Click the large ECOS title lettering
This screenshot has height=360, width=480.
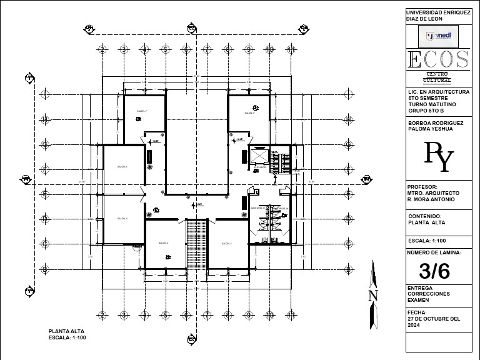coord(438,60)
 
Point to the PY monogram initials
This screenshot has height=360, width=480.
coord(438,157)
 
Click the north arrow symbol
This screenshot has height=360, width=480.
coord(373,294)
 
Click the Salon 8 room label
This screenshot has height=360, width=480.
coord(249,113)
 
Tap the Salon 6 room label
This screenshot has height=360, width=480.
coord(122,167)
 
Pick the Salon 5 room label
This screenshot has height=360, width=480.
coord(122,218)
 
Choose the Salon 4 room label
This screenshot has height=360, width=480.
coord(164,243)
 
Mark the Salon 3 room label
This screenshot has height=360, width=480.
coord(226,243)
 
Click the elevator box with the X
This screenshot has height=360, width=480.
coord(258,156)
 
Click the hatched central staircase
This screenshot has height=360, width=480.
coord(197,243)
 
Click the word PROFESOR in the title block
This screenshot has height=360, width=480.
coord(422,187)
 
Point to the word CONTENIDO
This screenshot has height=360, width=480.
coord(424,216)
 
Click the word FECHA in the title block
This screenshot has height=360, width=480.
coord(416,312)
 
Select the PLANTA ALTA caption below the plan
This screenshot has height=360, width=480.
coord(66,331)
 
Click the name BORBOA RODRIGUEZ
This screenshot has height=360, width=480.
coord(435,123)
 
